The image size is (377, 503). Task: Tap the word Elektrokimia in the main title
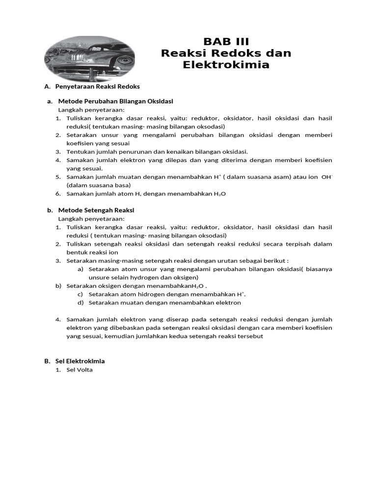point(226,65)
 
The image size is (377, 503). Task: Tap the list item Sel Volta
point(80,370)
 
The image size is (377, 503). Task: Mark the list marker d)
point(80,303)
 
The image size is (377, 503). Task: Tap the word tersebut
point(252,336)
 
